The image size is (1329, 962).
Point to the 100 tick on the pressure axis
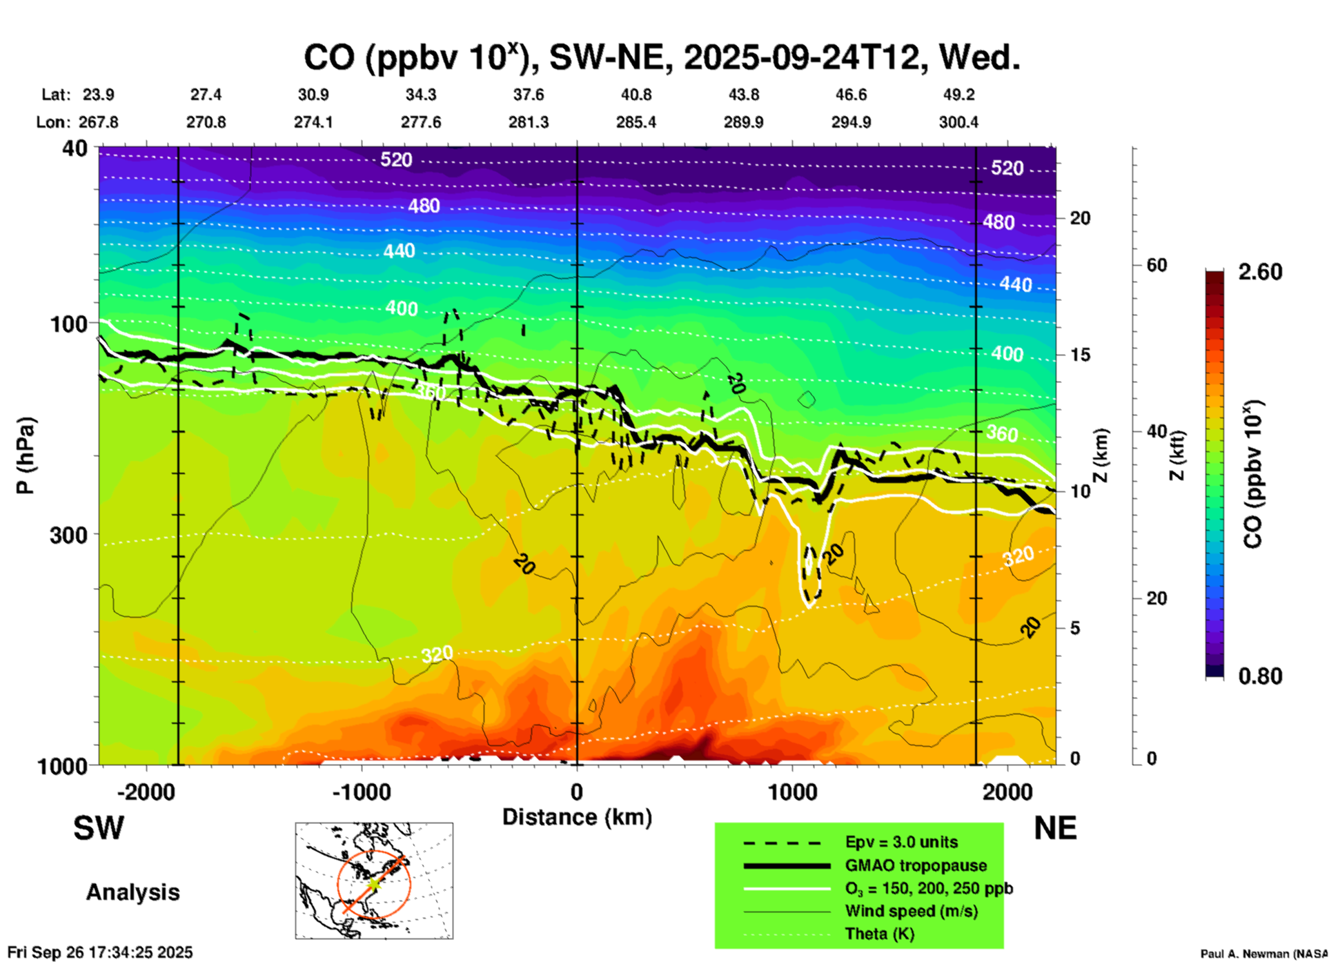[68, 323]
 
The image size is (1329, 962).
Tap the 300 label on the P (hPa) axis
[68, 534]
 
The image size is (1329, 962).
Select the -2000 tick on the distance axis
[146, 792]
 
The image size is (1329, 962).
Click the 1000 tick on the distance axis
[792, 792]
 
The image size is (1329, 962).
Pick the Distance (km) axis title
[577, 817]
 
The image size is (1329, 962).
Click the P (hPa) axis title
[25, 455]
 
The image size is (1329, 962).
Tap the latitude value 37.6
[529, 95]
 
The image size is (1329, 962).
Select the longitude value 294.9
[851, 122]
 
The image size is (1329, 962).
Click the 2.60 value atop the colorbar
[1260, 272]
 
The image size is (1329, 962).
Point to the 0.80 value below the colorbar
[1260, 676]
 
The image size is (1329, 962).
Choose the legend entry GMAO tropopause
[916, 865]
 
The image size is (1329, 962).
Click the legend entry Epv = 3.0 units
[901, 843]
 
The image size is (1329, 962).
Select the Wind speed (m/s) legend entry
[911, 911]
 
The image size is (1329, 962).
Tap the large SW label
[99, 828]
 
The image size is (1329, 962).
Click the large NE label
[1055, 828]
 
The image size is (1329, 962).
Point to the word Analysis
[132, 892]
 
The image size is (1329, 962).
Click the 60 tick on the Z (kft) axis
[1156, 265]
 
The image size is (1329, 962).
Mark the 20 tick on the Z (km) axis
[1080, 218]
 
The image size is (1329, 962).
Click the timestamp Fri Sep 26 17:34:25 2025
[100, 952]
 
